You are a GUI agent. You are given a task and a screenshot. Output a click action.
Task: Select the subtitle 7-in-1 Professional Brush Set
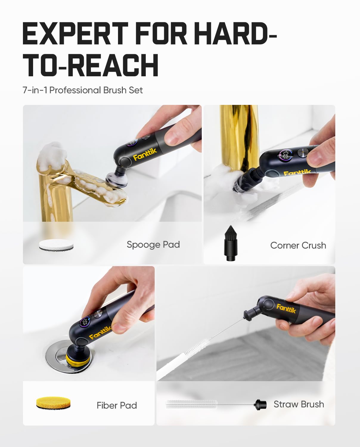coord(83,90)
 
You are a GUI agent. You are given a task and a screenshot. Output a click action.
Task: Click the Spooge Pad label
coord(153,245)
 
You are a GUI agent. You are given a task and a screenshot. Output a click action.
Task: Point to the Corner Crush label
coord(298,246)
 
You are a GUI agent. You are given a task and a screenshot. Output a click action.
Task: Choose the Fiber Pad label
coord(117,406)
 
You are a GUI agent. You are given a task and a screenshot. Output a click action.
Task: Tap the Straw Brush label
coord(299,404)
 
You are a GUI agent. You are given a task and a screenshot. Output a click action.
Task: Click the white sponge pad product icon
coord(56,245)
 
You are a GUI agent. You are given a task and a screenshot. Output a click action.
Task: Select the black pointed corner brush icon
coord(230,243)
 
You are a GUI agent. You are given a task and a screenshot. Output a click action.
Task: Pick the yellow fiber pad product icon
coord(54,403)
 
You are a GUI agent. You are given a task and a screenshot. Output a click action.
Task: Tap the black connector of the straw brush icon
coord(260,404)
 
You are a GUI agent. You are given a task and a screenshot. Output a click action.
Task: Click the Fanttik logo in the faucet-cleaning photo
coord(145,154)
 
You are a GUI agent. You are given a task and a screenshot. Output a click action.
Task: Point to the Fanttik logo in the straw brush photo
coord(286,308)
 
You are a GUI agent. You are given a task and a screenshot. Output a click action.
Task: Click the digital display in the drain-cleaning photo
coord(86,322)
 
